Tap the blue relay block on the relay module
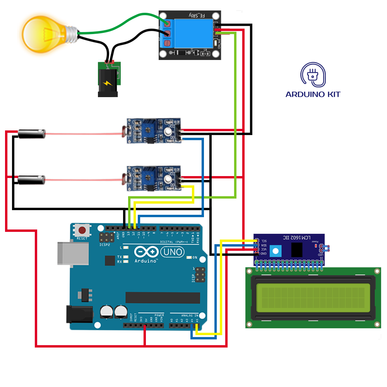point(190,32)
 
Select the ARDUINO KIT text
point(313,94)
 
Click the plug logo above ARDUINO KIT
point(313,74)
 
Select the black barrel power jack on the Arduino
point(80,314)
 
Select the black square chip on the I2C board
point(297,250)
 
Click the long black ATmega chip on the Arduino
point(163,298)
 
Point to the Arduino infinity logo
point(147,252)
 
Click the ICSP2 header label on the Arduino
point(105,245)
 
